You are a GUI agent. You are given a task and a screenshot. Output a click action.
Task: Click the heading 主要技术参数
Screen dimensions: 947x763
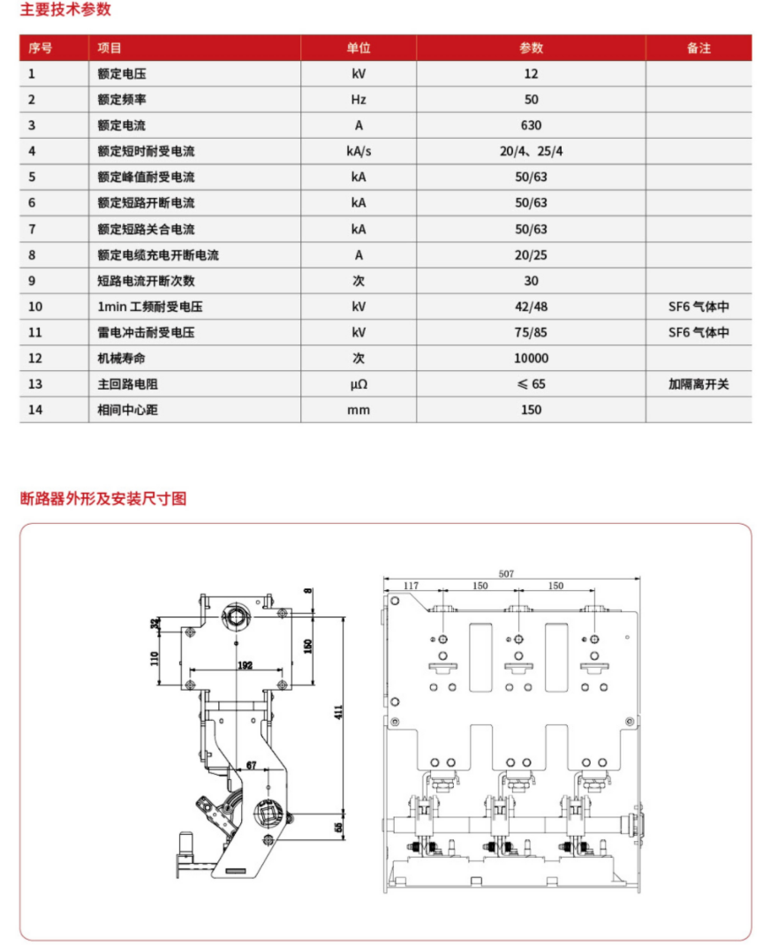(x=66, y=11)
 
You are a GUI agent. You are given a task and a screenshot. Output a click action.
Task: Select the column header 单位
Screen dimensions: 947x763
(x=359, y=48)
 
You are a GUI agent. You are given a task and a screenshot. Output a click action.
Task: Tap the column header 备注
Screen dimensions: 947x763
(x=699, y=48)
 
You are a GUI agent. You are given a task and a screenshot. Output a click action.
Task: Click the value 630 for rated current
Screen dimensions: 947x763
(x=531, y=125)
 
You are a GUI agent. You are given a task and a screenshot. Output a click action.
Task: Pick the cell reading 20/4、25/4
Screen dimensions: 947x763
(x=531, y=151)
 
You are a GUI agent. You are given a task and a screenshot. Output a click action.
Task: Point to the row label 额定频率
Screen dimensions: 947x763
(x=122, y=100)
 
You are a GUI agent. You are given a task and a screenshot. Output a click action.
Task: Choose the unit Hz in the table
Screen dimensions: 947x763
(x=359, y=100)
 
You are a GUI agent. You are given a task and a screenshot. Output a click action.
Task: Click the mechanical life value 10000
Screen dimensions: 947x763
(x=531, y=358)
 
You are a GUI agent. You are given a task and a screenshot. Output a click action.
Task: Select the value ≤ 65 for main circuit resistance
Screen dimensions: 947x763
(x=531, y=384)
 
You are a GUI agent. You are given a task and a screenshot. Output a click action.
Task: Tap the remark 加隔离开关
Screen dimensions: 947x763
(x=699, y=384)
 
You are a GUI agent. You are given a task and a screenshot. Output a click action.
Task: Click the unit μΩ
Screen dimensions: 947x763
(x=359, y=384)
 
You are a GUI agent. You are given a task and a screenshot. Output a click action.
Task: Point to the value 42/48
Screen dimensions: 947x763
(x=531, y=307)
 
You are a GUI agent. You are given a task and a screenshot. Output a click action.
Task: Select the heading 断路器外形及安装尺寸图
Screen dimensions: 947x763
(x=103, y=498)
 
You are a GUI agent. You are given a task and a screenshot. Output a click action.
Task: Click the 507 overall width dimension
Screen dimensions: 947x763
(x=506, y=573)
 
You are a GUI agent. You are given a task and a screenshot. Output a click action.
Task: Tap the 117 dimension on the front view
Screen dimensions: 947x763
(x=412, y=586)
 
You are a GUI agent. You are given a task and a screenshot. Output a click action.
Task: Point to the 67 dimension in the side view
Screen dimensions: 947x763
(x=251, y=764)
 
